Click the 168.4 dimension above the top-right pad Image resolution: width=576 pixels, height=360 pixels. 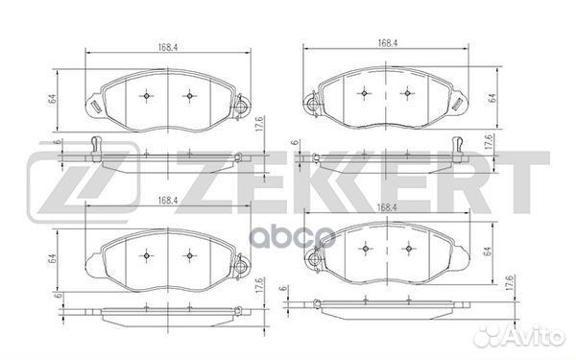(389, 41)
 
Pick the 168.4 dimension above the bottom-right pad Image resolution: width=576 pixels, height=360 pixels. (388, 207)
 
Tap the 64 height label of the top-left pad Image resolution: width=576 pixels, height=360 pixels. (52, 98)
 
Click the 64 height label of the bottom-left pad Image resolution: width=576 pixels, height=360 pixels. (52, 257)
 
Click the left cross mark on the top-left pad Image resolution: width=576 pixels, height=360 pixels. (145, 95)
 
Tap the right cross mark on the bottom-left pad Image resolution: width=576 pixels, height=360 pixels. (188, 254)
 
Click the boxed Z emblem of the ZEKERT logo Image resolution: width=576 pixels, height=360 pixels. (84, 180)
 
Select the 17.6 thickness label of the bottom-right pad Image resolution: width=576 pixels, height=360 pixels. (508, 284)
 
